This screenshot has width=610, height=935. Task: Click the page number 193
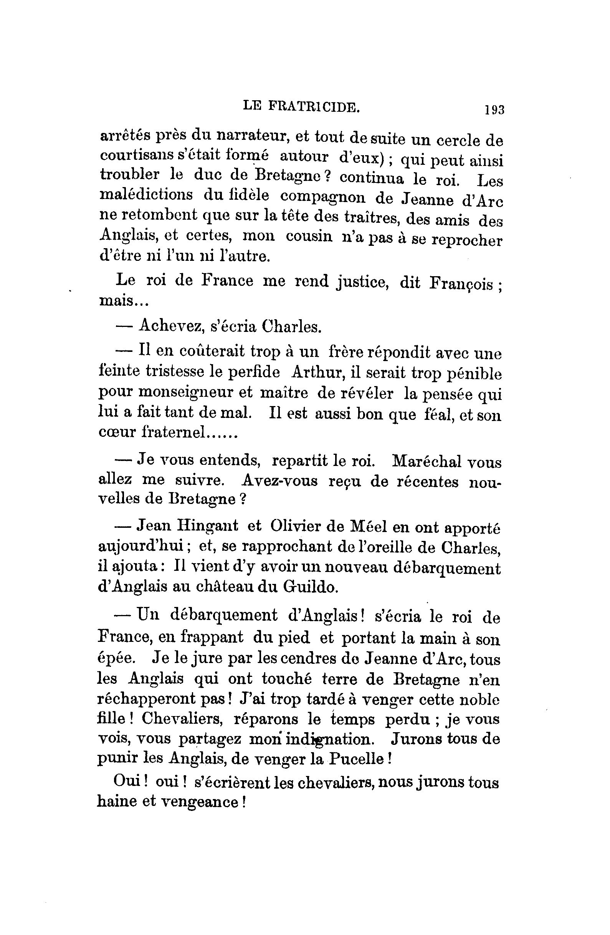click(x=494, y=109)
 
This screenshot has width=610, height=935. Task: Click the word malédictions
click(x=146, y=195)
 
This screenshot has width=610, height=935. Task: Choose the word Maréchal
click(x=427, y=462)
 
